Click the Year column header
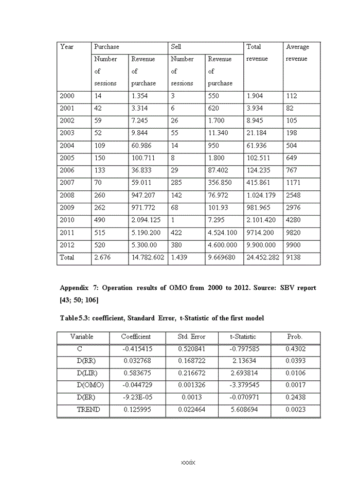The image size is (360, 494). coord(67,47)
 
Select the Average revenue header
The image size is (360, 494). coord(297,52)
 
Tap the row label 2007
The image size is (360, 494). coord(67,183)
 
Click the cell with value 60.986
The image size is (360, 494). coord(142,146)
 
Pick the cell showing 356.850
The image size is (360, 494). coord(220,183)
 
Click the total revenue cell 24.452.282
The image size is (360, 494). coord(263,257)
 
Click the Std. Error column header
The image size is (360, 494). coord(191,337)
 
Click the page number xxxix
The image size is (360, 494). coord(188,463)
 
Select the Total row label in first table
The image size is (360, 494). coord(67,257)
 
